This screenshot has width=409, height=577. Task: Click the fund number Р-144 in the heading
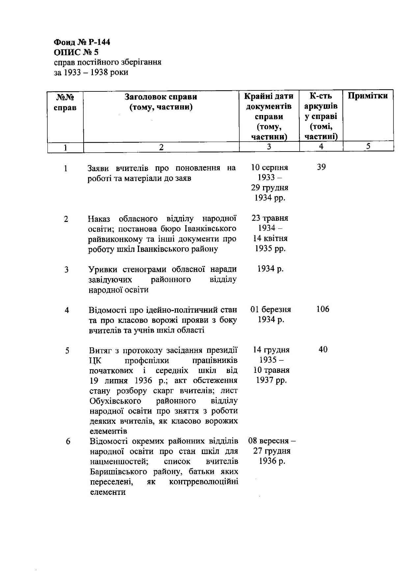(99, 42)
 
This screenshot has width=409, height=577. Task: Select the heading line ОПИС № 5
(76, 52)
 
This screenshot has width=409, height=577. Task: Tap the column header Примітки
(368, 96)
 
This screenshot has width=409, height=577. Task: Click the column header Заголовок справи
(161, 97)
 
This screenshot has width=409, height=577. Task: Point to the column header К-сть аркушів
(321, 101)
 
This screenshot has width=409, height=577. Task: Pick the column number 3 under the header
(269, 147)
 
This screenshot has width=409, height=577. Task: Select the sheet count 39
(321, 167)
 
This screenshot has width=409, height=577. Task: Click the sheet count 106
(322, 309)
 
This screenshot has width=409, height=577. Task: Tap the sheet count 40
(323, 349)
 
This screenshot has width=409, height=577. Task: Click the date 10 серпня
(269, 167)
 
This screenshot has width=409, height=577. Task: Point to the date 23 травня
(270, 218)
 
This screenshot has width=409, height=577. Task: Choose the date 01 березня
(270, 309)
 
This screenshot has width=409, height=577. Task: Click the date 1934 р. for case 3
(270, 269)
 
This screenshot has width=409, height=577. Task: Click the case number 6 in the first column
(68, 441)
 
